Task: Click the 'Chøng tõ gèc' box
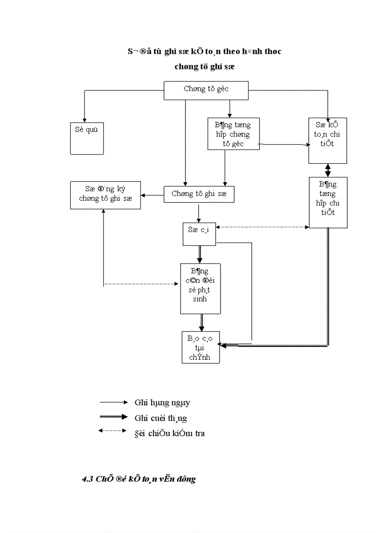206,90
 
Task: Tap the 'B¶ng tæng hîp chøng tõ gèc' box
234,134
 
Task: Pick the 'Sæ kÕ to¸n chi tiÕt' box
328,140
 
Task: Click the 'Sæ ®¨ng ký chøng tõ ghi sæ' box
105,195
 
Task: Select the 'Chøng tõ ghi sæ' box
199,194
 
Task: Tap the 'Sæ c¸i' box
199,234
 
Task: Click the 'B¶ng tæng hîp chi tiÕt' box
328,203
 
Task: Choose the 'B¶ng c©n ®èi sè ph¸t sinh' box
200,288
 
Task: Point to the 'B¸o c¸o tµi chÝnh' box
201,347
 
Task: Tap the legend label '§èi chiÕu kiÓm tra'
169,433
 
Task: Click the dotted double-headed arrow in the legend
113,431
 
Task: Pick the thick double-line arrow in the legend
113,417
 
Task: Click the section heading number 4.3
87,479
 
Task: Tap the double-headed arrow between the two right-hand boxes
328,170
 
